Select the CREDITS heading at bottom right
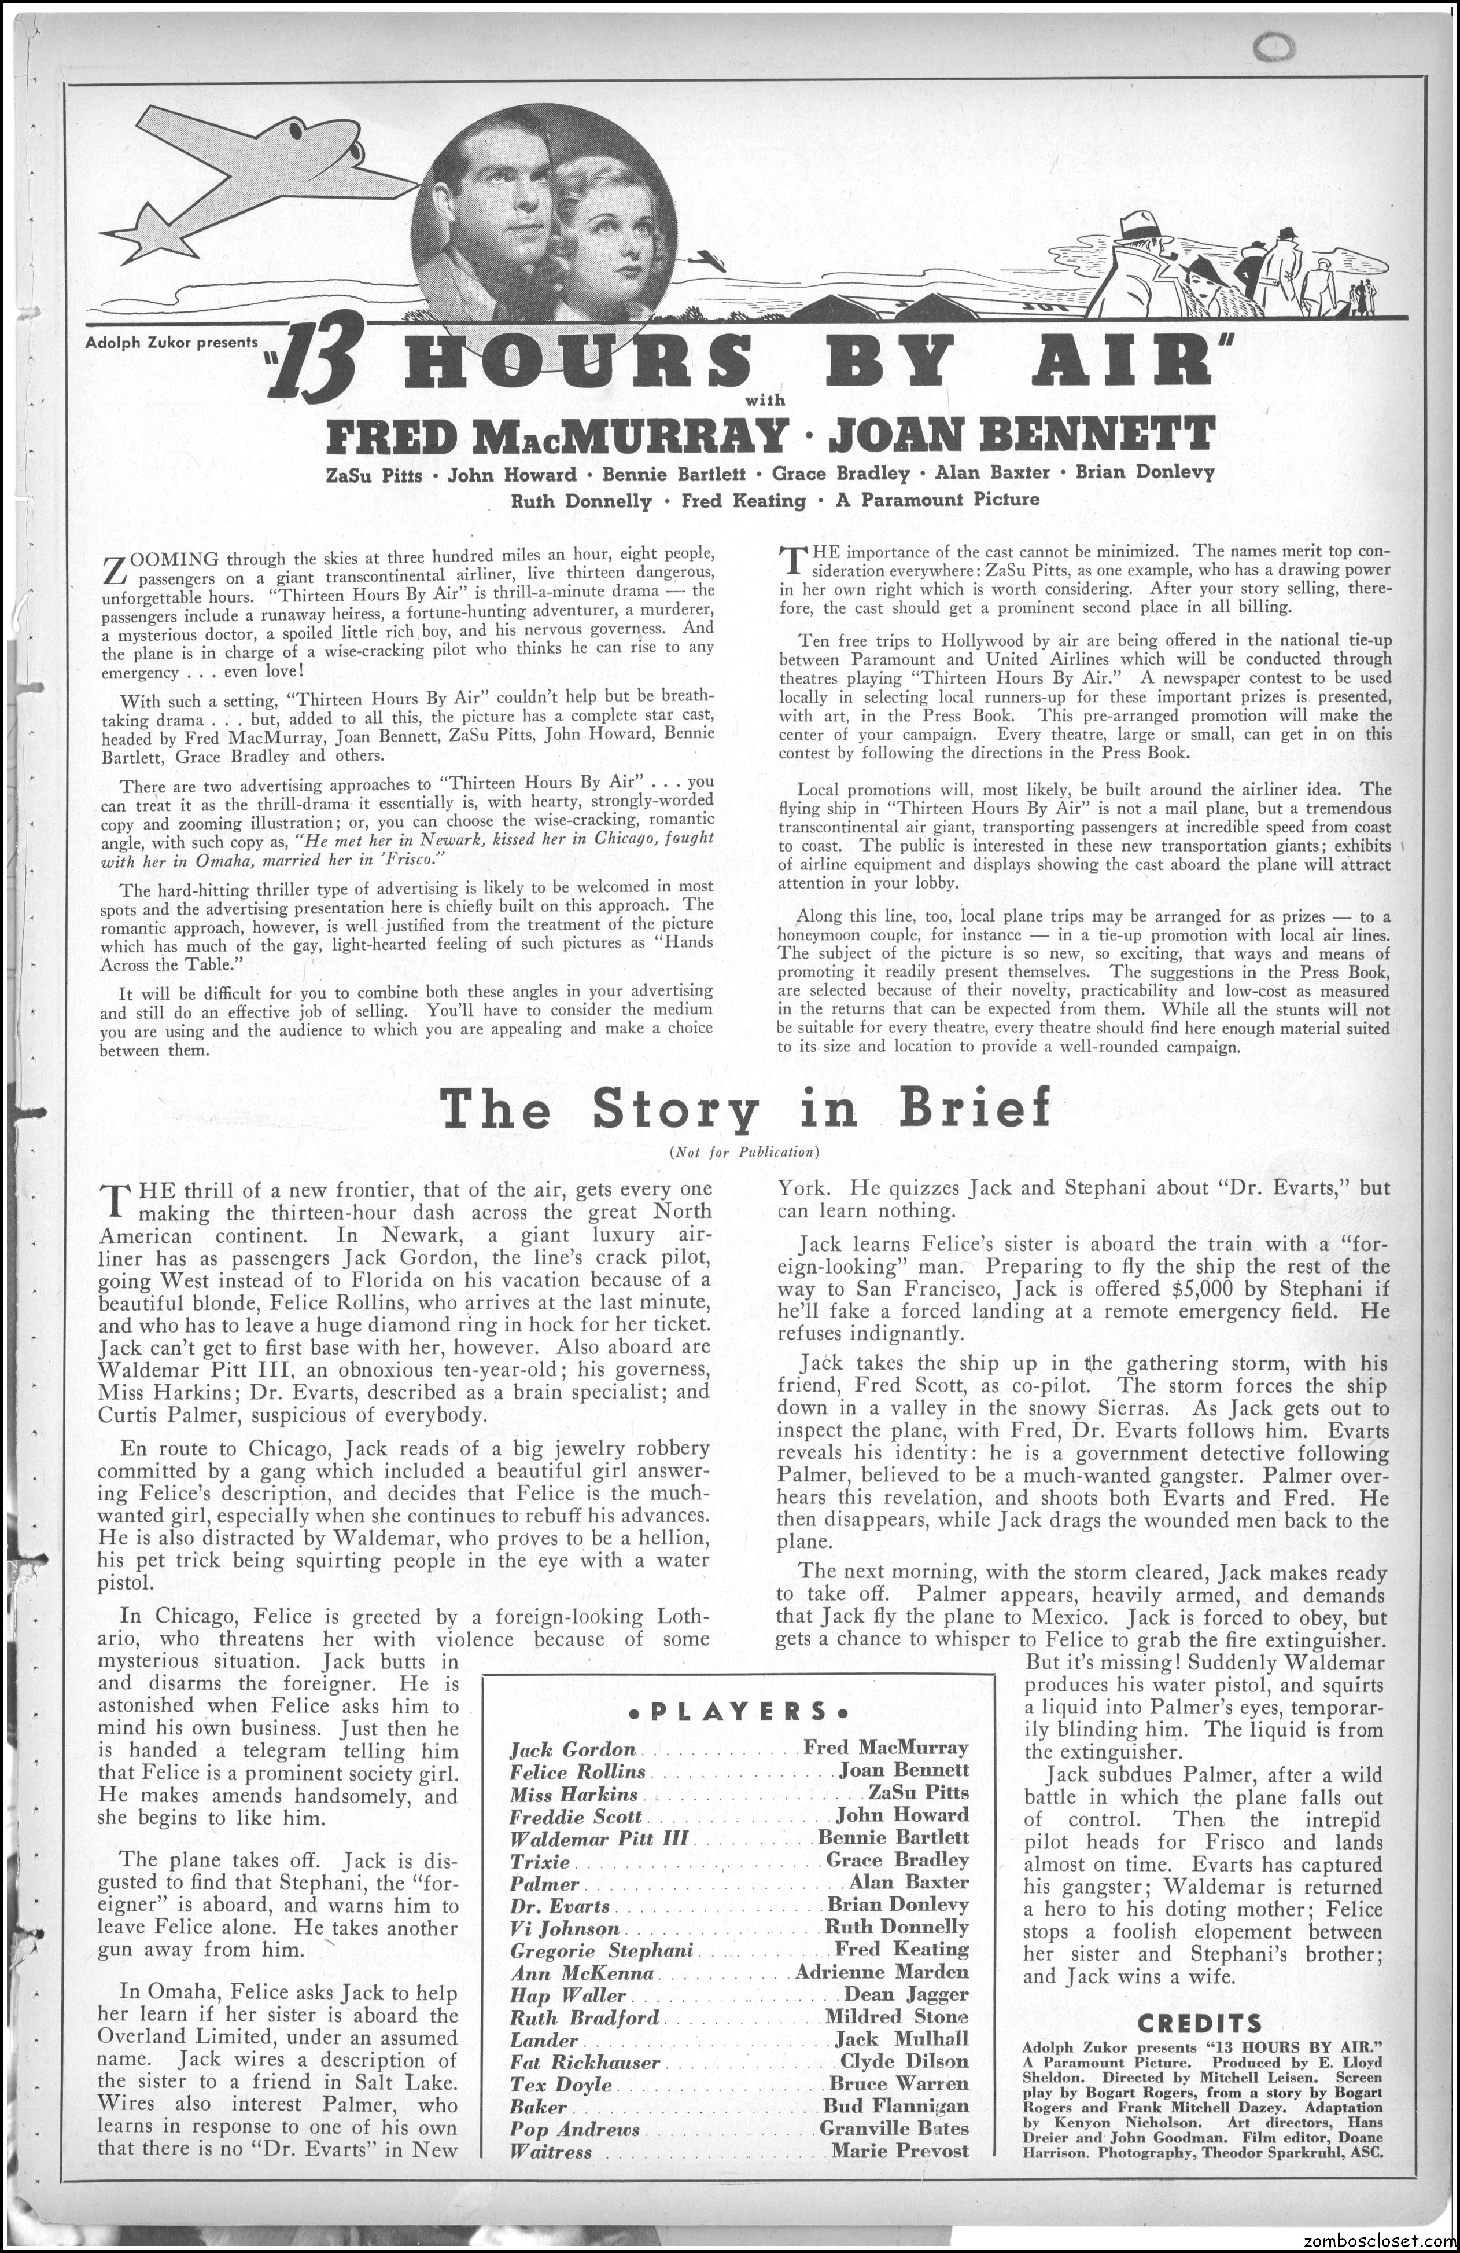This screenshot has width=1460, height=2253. [1201, 2019]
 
